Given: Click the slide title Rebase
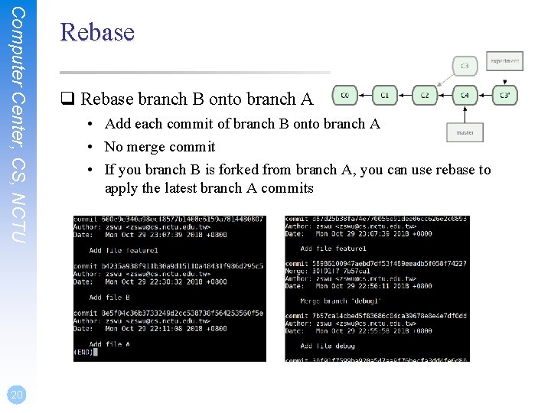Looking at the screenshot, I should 96,32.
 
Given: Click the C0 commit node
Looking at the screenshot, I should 344,96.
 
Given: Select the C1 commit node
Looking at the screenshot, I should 384,96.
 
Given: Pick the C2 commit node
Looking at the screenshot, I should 425,96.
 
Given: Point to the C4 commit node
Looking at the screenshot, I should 465,96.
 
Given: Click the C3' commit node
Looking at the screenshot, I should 505,96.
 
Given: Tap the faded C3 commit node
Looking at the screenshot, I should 465,65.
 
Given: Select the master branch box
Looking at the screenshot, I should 465,132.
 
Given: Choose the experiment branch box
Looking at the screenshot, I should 505,60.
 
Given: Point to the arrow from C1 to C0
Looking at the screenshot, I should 364,96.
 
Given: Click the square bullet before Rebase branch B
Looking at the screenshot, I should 67,99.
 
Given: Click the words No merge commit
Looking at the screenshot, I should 159,147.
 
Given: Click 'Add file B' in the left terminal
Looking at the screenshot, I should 109,297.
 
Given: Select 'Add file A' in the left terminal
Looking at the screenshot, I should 109,344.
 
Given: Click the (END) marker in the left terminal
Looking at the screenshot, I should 83,352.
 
